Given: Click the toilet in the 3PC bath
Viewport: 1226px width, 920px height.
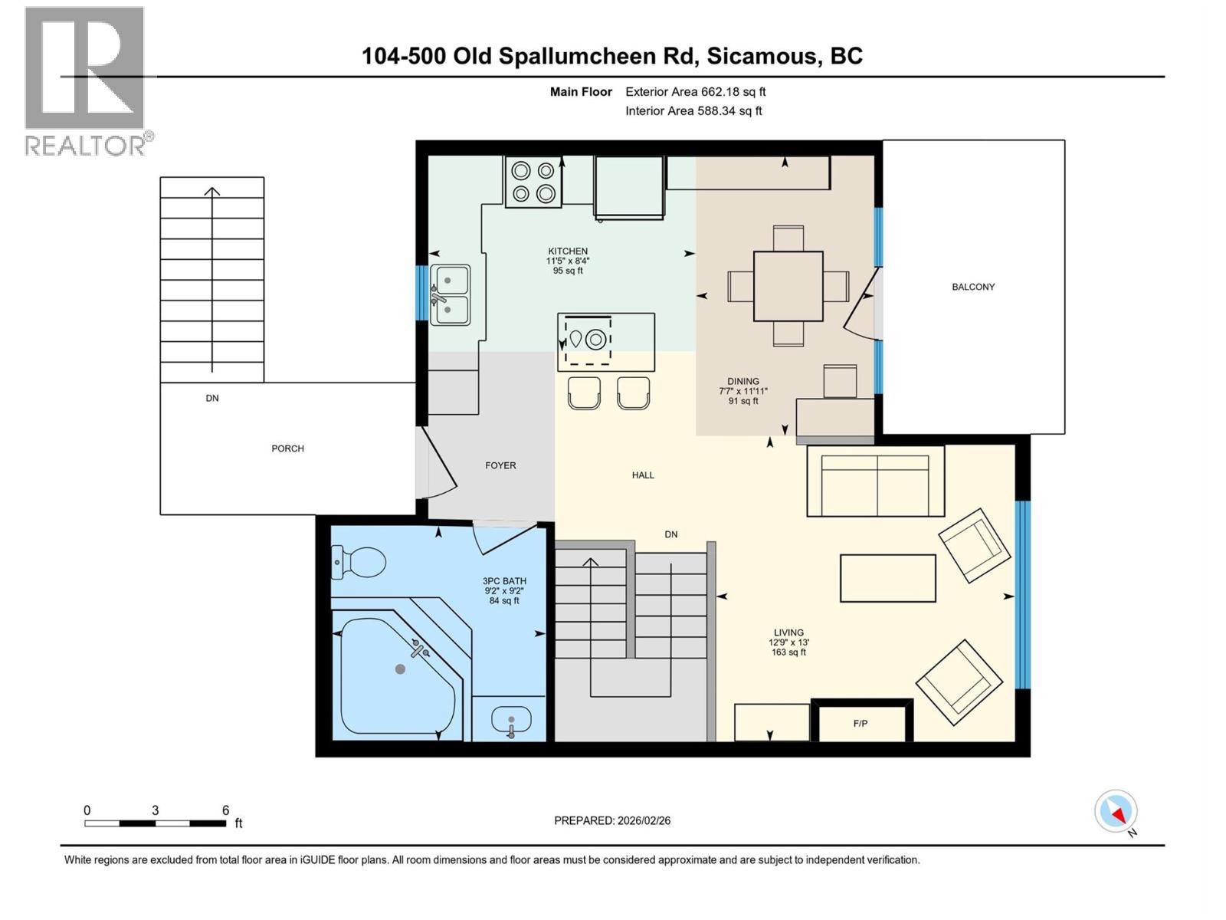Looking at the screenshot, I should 360,562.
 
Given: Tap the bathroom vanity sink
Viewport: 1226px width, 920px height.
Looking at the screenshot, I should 511,721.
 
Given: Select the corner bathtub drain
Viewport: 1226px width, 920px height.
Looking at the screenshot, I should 400,669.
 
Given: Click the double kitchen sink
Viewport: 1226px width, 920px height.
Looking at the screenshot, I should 450,294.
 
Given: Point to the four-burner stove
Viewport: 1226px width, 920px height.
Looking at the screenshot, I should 533,182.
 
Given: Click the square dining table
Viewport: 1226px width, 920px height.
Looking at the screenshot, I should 788,286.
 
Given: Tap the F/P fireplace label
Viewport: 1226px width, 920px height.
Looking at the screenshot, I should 860,723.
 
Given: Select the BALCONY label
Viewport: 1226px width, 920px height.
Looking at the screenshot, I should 973,287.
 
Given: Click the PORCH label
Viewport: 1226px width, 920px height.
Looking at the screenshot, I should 287,449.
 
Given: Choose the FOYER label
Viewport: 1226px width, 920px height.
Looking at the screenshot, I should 500,465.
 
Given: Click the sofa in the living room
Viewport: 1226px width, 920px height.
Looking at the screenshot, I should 875,481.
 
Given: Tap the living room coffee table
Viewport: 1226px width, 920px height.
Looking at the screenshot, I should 887,578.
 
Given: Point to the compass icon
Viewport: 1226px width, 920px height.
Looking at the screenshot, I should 1116,811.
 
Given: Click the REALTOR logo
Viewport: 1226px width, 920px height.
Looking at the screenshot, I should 86,80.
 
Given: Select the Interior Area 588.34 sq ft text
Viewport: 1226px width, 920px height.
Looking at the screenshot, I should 693,110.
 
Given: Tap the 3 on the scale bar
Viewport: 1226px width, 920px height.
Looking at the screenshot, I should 156,810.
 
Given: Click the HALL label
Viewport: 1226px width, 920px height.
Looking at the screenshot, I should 643,475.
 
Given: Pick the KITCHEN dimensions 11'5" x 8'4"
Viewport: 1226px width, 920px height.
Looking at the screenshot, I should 568,261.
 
